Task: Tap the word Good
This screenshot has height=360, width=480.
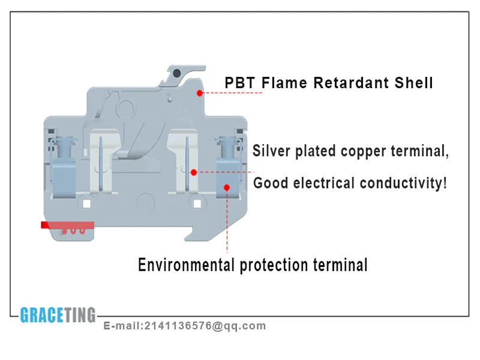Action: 270,183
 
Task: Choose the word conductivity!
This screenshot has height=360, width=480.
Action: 404,183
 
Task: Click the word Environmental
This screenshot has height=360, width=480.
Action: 187,265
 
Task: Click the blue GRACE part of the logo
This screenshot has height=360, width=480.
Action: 41,315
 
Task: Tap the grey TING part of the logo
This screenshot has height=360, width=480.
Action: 80,315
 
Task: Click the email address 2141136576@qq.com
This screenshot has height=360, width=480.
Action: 205,326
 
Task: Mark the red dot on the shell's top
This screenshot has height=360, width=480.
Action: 199,93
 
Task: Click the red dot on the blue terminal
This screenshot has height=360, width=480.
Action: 227,187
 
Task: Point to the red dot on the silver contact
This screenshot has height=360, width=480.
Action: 194,172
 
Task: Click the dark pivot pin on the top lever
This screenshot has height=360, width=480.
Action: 176,73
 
